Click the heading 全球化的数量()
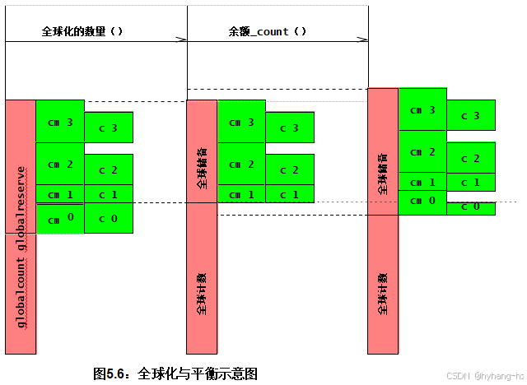pyautogui.click(x=82, y=31)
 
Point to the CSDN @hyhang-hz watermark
pyautogui.click(x=487, y=375)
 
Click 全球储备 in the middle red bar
pyautogui.click(x=202, y=169)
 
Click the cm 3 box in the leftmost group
pyautogui.click(x=60, y=122)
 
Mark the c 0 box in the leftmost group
pyautogui.click(x=108, y=219)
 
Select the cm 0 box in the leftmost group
pyautogui.click(x=60, y=219)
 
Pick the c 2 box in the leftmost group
pyautogui.click(x=108, y=170)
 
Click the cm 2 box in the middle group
pyautogui.click(x=241, y=165)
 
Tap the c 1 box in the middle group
pyautogui.click(x=289, y=195)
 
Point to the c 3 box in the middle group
pyautogui.click(x=289, y=128)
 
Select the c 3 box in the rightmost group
pyautogui.click(x=470, y=115)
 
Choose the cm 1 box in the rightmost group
pyautogui.click(x=422, y=182)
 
